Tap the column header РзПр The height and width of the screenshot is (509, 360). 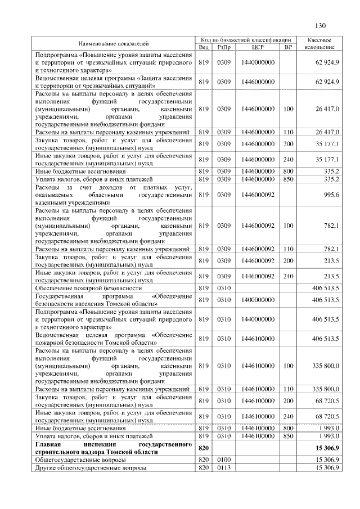pyautogui.click(x=223, y=47)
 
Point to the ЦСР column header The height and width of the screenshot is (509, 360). pyautogui.click(x=259, y=47)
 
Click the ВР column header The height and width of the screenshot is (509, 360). pyautogui.click(x=289, y=47)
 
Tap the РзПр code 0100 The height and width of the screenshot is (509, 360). pyautogui.click(x=223, y=460)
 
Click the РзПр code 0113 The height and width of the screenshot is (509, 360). pyautogui.click(x=223, y=468)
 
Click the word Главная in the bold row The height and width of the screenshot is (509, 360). pyautogui.click(x=48, y=444)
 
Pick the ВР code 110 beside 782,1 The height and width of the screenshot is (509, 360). pyautogui.click(x=289, y=249)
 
